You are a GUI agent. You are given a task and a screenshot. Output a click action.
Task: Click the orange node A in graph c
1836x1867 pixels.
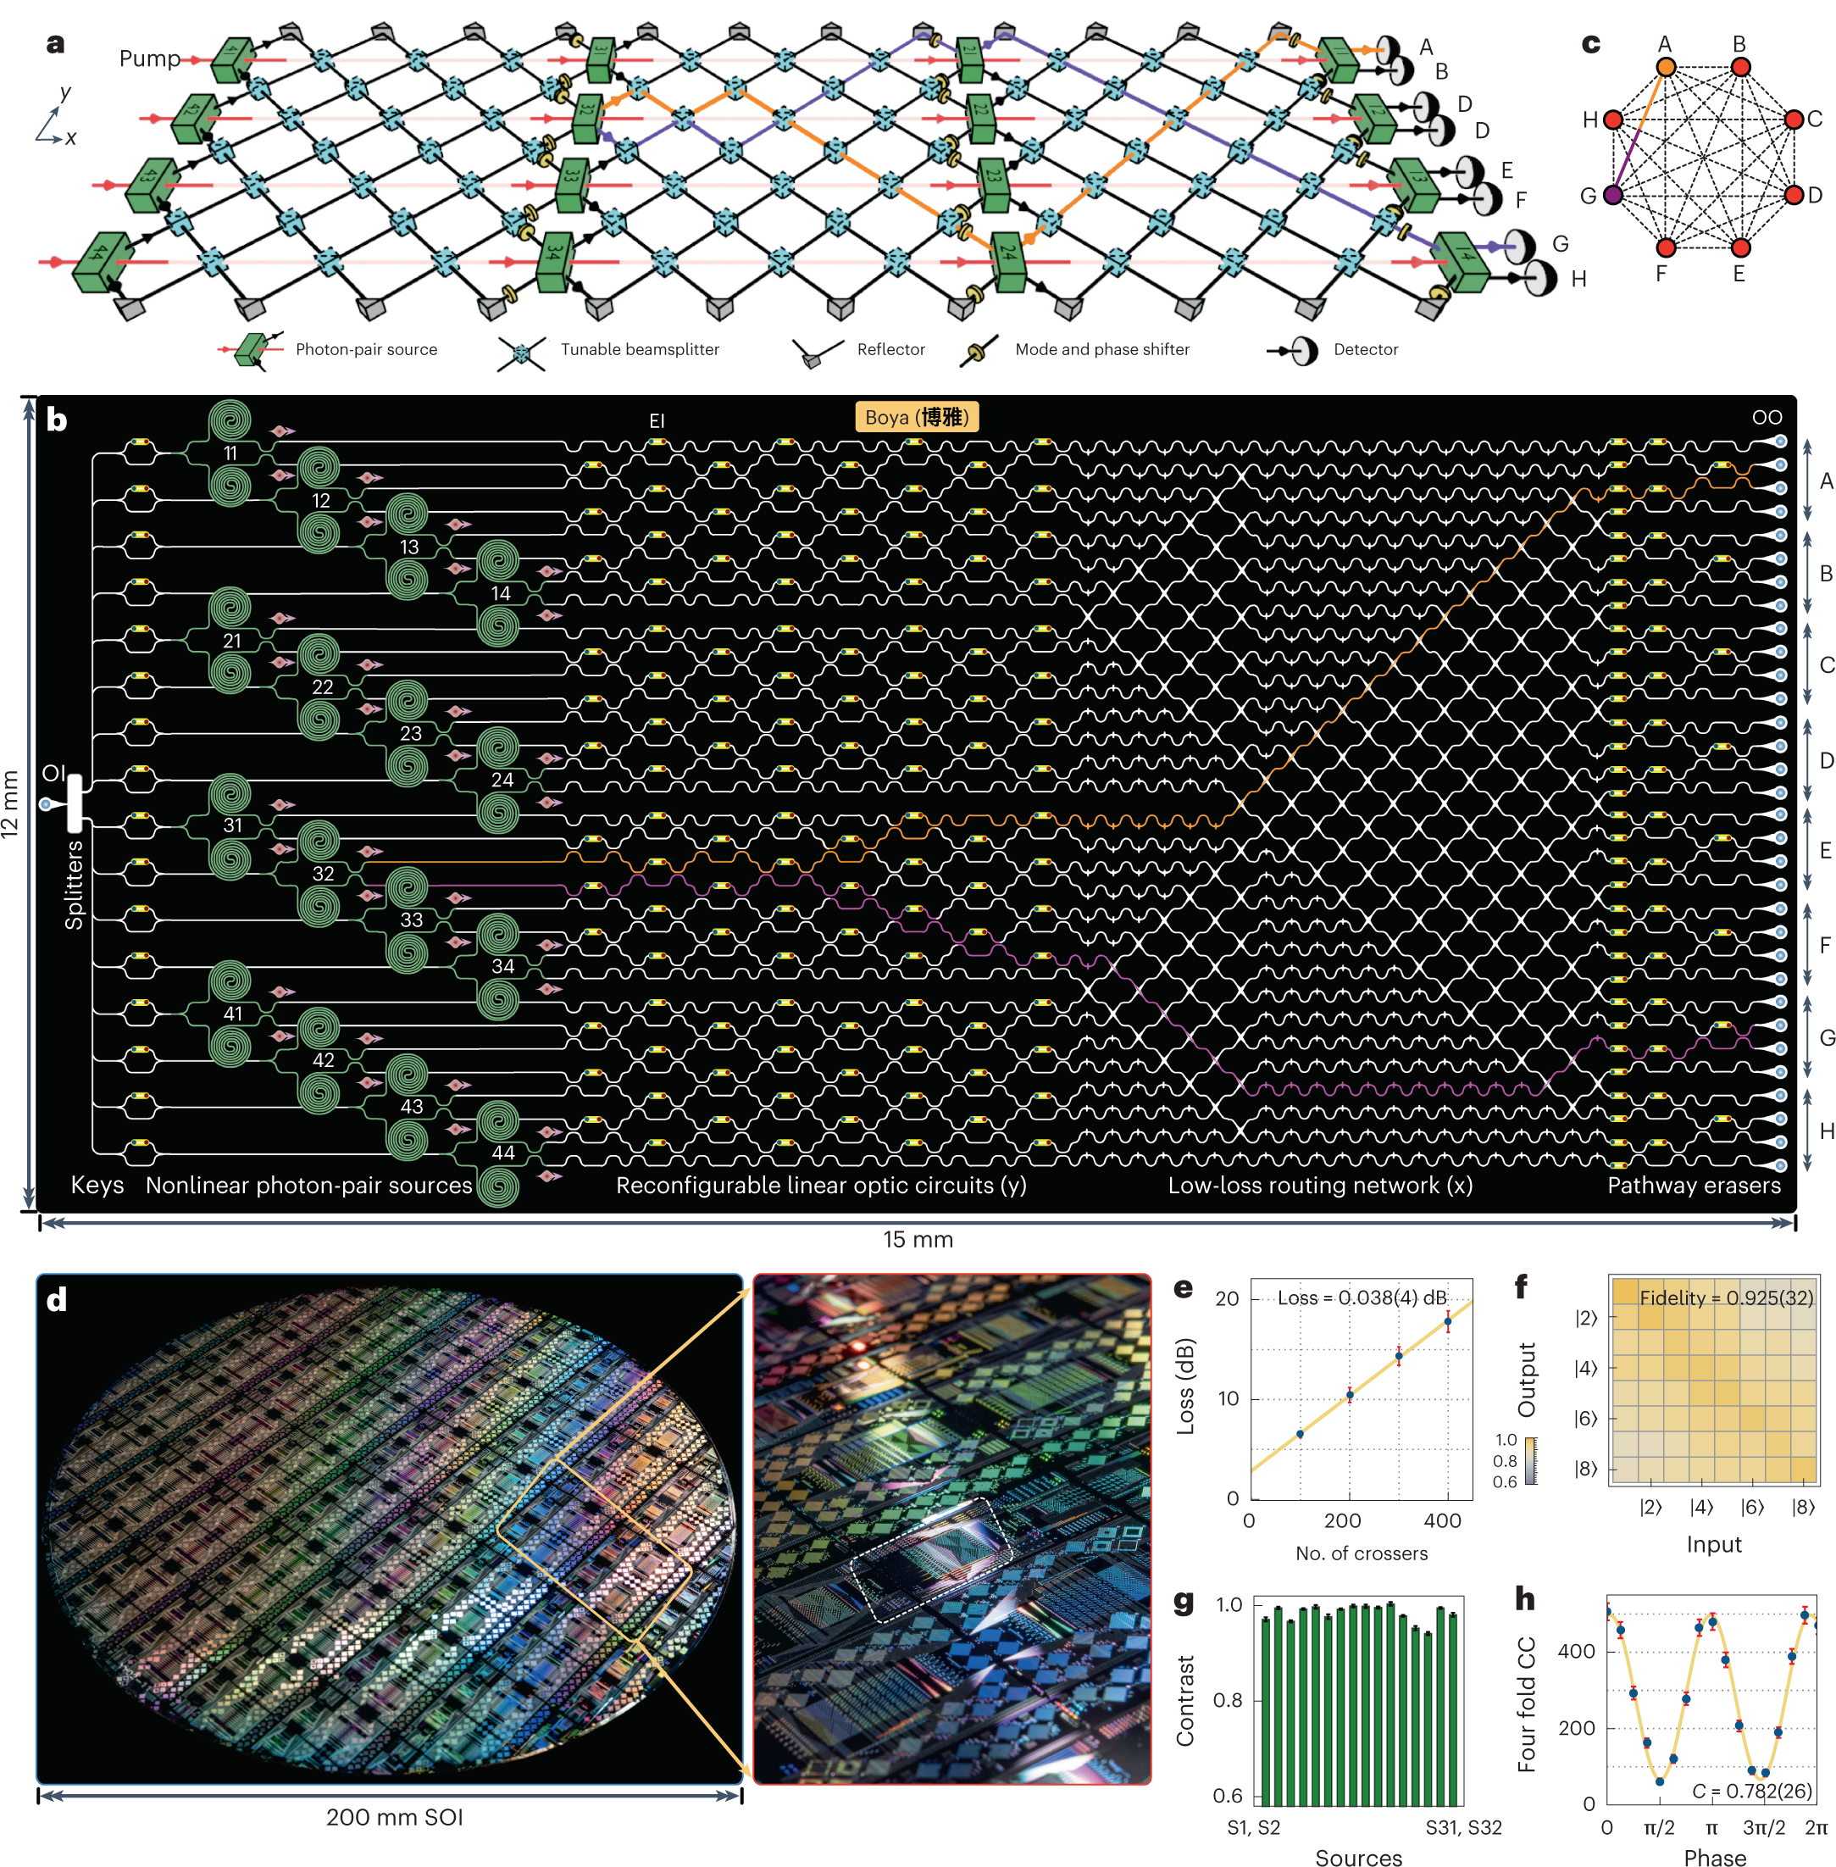tap(1666, 67)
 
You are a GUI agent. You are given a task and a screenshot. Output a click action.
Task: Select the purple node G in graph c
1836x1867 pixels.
tap(1612, 195)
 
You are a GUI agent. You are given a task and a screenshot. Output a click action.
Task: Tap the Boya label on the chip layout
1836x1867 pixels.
tap(916, 417)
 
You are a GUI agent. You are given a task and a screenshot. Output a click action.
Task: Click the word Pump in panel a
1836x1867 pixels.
tap(149, 58)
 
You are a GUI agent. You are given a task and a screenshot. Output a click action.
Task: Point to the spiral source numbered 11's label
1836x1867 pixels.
tap(230, 453)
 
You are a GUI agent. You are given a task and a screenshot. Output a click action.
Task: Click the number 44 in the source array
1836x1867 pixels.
tap(502, 1153)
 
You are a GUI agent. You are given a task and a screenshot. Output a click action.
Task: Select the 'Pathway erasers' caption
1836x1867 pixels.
tap(1694, 1185)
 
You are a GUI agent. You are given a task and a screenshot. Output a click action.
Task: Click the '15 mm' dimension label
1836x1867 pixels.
tap(918, 1239)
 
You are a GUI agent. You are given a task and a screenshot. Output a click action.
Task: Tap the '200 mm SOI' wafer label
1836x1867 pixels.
tap(394, 1817)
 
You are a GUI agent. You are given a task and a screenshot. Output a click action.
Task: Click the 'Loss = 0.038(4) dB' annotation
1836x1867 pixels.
tap(1362, 1298)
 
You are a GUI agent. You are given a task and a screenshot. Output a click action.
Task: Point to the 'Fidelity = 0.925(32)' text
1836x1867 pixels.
tap(1726, 1298)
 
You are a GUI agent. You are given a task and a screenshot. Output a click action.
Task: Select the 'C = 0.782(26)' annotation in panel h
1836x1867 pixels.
tap(1752, 1791)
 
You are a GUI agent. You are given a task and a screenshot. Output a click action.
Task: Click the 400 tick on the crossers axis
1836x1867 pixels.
tap(1443, 1520)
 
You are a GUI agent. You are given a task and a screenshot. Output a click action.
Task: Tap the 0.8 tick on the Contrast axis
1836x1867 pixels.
tap(1228, 1700)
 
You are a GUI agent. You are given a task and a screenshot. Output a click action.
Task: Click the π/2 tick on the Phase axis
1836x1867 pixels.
tap(1659, 1827)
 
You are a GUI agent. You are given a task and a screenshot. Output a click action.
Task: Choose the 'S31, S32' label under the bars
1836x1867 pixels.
tap(1463, 1827)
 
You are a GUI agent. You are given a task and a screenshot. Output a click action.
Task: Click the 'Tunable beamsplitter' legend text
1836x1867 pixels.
tap(640, 349)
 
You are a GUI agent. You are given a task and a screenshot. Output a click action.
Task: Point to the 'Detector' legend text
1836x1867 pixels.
tap(1366, 349)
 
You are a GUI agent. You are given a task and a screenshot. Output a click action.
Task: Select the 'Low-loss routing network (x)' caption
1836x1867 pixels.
tap(1320, 1185)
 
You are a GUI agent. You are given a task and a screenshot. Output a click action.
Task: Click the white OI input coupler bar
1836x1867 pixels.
tap(75, 803)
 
